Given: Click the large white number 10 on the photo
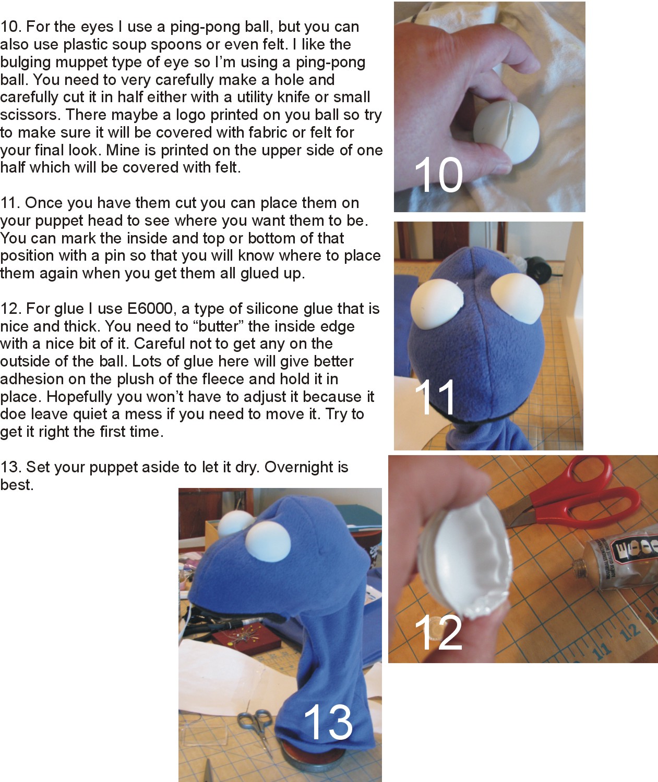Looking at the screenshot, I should [438, 175].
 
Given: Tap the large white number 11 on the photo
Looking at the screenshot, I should [435, 397].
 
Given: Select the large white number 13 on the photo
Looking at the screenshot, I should [328, 722].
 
